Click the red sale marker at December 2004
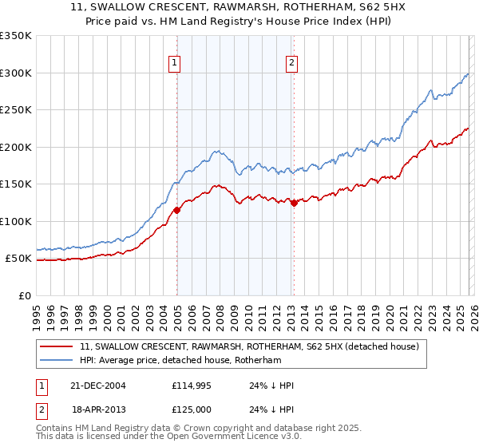pyautogui.click(x=176, y=210)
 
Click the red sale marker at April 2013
pyautogui.click(x=294, y=203)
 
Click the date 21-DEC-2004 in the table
pyautogui.click(x=98, y=386)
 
